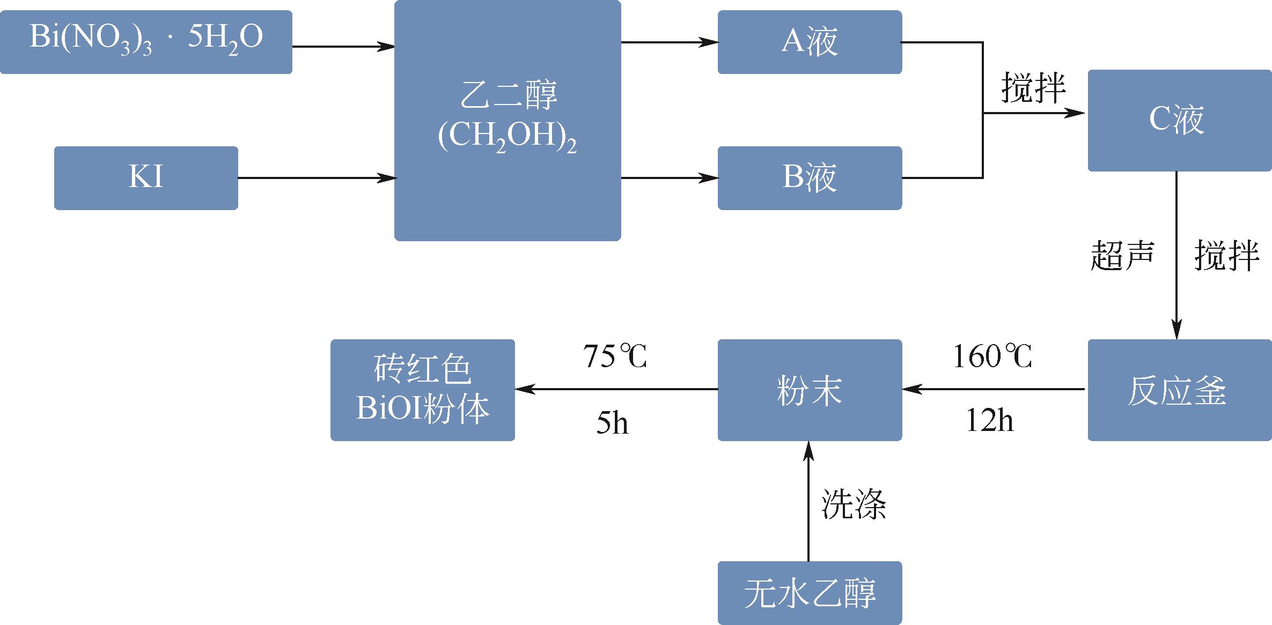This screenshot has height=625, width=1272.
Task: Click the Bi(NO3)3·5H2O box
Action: pyautogui.click(x=146, y=42)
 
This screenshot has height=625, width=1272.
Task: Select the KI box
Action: pyautogui.click(x=146, y=178)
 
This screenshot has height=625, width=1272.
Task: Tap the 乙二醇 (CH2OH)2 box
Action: pyautogui.click(x=508, y=120)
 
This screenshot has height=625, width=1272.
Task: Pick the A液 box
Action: pyautogui.click(x=810, y=42)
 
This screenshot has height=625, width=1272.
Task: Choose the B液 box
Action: pyautogui.click(x=810, y=178)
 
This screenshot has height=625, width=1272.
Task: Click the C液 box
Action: pyautogui.click(x=1179, y=120)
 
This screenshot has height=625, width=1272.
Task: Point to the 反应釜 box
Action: pyautogui.click(x=1179, y=390)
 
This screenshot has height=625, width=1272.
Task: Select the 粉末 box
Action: pyautogui.click(x=810, y=390)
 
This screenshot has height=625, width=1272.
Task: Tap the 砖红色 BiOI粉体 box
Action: pyautogui.click(x=423, y=390)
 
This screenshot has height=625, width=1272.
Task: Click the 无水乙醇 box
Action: pyautogui.click(x=810, y=592)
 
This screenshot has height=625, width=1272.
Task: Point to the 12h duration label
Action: pyautogui.click(x=990, y=421)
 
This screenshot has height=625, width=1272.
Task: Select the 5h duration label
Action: pyautogui.click(x=612, y=423)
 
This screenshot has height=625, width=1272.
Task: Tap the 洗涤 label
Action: pyautogui.click(x=854, y=504)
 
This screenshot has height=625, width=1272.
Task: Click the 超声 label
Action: pyautogui.click(x=1122, y=255)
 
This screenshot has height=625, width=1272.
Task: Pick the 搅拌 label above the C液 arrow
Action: pyautogui.click(x=1033, y=88)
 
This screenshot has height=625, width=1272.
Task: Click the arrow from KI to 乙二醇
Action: pyautogui.click(x=316, y=178)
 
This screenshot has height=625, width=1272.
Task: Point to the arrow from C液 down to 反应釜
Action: pyautogui.click(x=1177, y=255)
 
